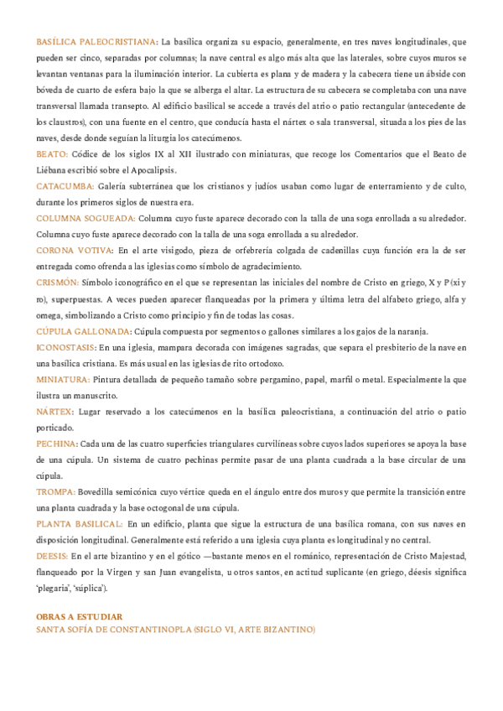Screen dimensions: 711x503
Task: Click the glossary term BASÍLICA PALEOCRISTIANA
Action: click(x=96, y=41)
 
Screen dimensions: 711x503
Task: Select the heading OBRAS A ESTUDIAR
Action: click(x=80, y=616)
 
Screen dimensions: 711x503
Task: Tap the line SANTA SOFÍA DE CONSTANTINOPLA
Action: click(x=175, y=629)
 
